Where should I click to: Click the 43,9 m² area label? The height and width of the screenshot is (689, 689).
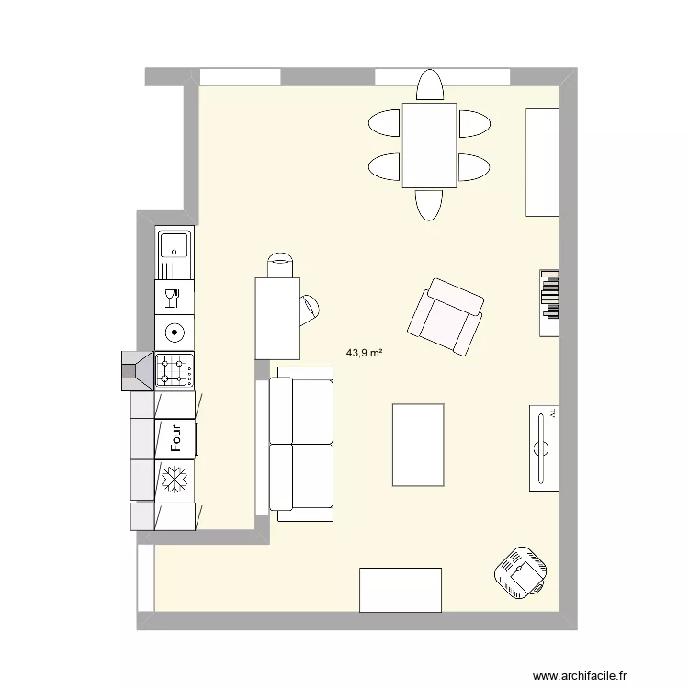pos(365,352)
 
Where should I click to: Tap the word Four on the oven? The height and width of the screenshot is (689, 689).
pos(175,438)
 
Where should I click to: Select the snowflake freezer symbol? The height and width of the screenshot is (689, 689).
pos(175,479)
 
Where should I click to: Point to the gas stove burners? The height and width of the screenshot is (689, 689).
pos(174,370)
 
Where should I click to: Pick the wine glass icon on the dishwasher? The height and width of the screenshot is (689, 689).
pos(174,297)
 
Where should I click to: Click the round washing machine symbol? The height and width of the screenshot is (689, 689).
pos(174,333)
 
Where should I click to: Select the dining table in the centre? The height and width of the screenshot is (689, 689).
pos(429,145)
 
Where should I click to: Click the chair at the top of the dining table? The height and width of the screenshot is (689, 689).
pos(429,86)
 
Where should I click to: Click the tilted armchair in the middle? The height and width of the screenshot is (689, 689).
pos(446,316)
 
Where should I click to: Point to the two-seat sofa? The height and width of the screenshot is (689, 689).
pos(301,444)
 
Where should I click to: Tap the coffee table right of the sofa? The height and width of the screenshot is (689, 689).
pos(418,444)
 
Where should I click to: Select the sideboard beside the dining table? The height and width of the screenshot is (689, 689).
pos(542,162)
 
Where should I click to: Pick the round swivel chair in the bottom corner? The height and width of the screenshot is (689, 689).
pos(521,572)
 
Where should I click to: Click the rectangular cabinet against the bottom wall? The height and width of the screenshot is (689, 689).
pos(401,590)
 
